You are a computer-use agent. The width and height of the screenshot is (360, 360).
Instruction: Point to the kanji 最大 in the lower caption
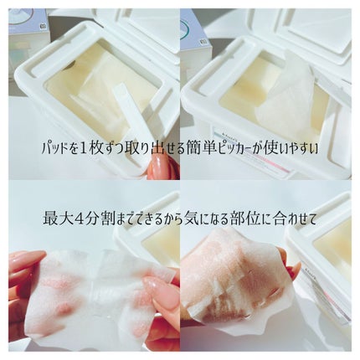[57, 219]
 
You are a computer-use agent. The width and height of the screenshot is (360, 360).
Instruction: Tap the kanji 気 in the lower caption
[191, 219]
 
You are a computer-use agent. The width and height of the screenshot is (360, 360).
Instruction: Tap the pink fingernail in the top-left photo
[157, 165]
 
